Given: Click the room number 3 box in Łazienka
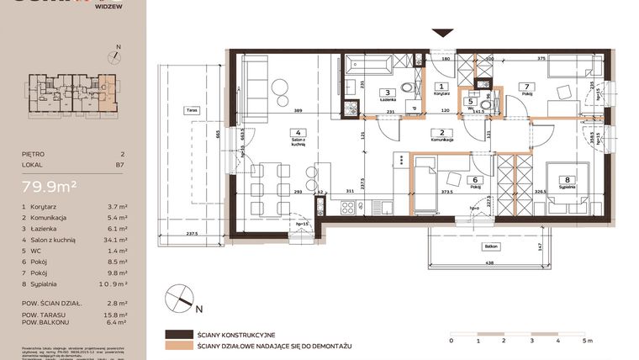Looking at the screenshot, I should (x=387, y=93).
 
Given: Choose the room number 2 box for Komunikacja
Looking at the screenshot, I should (x=442, y=132).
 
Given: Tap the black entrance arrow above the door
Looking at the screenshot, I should (x=441, y=34).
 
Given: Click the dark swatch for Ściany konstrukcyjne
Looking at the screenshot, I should (x=179, y=334).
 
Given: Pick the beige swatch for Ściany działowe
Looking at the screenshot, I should (x=179, y=346).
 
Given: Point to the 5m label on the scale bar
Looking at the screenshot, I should (x=592, y=341).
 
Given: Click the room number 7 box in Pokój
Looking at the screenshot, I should (x=526, y=86).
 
